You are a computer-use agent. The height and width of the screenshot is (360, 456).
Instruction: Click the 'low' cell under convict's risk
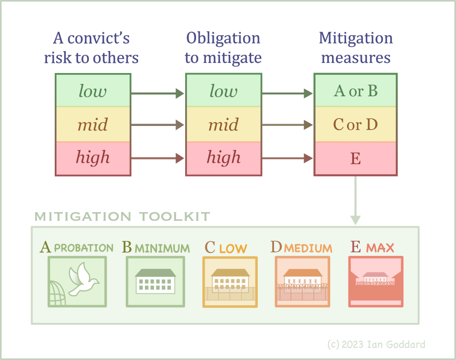pos(93,90)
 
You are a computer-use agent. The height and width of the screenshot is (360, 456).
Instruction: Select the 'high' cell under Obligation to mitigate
pos(223,158)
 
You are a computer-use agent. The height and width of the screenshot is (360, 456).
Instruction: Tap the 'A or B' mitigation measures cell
pos(355,90)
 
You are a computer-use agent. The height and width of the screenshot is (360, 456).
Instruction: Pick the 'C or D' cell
pos(355,124)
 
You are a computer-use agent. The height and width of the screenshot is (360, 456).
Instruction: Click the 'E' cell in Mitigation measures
pos(355,158)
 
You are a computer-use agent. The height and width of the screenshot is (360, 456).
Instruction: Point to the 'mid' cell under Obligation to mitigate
pos(223,124)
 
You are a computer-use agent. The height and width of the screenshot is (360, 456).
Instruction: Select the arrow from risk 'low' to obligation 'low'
pos(158,94)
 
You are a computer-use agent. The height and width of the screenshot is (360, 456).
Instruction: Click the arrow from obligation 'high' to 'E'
pos(287,158)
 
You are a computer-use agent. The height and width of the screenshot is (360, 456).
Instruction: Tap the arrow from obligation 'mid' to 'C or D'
pos(287,125)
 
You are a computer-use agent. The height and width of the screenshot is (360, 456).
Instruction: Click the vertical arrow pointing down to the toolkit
pos(355,200)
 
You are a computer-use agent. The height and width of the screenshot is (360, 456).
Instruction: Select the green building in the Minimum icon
pos(155,281)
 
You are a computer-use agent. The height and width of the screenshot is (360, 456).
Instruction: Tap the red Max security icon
pos(376,282)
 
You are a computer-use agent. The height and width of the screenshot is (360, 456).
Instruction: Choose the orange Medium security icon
pos(302,282)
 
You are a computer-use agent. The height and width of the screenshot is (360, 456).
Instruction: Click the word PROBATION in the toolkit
pos(84,248)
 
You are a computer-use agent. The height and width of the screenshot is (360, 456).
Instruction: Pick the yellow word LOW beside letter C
pos(233,249)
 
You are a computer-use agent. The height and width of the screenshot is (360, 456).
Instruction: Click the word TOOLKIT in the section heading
pos(175,217)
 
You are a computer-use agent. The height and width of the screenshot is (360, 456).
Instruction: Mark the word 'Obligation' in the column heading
pos(223,39)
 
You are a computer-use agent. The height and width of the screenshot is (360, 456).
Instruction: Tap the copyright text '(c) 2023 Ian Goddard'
pos(376,344)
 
